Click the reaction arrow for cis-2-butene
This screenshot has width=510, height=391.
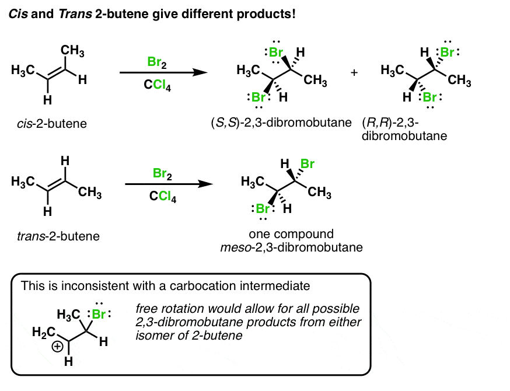coord(163,73)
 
